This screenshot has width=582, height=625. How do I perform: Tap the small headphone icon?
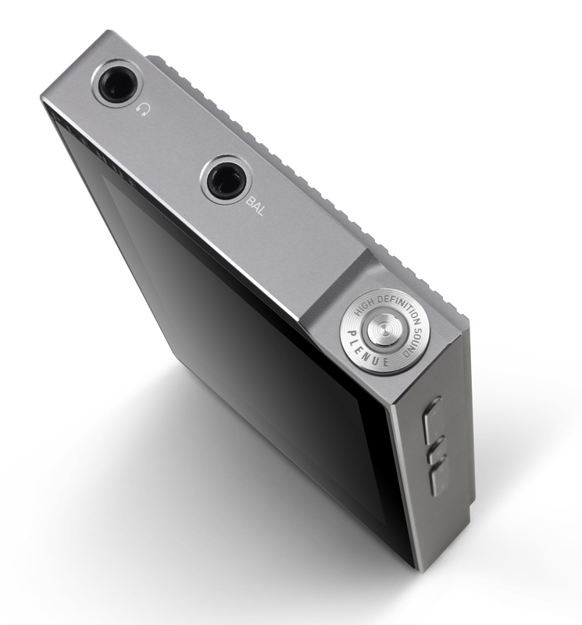(141, 109)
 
